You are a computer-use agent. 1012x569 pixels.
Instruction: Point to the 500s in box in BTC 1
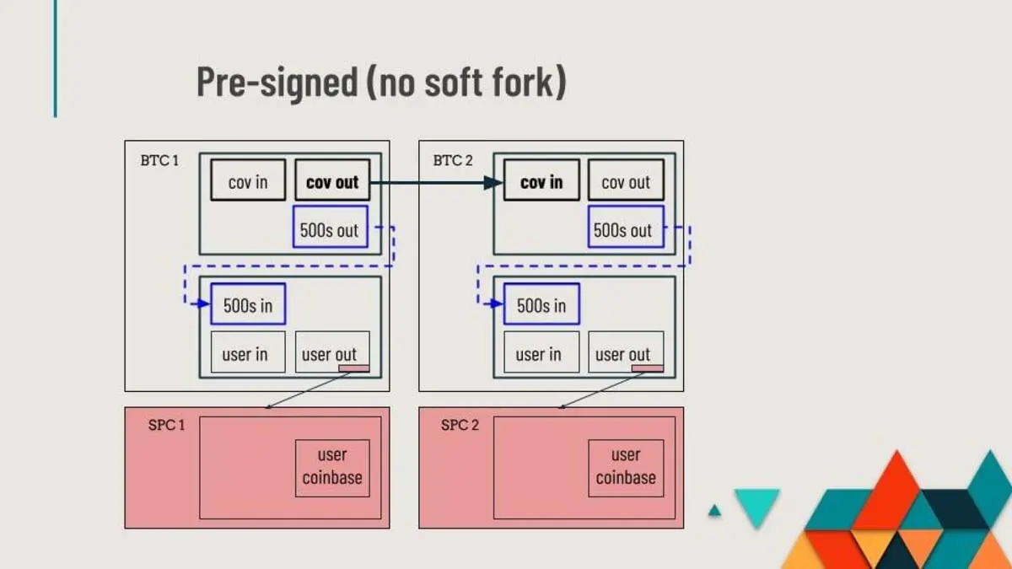[x=248, y=303]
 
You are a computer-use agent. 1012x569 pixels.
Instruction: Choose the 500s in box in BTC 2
[x=541, y=303]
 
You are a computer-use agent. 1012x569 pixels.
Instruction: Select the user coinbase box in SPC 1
[x=332, y=467]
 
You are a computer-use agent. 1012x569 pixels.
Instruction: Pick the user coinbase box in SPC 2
[x=626, y=467]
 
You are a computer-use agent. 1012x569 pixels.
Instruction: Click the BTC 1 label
[x=159, y=160]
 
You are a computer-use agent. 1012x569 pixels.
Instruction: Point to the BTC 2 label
[x=453, y=160]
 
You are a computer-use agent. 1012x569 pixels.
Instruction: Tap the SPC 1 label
[x=160, y=425]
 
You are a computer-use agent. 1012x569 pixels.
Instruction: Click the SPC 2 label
[x=460, y=425]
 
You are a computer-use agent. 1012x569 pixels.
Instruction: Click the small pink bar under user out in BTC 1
[x=354, y=368]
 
